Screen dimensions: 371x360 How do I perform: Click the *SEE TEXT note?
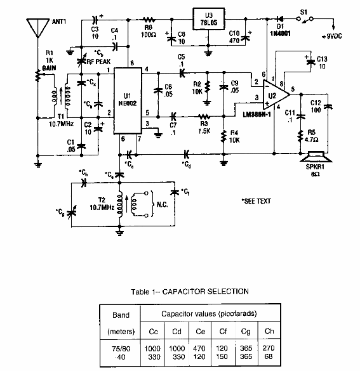point(256,201)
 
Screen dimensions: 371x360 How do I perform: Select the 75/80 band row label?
point(120,349)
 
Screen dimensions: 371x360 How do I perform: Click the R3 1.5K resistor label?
point(203,126)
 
